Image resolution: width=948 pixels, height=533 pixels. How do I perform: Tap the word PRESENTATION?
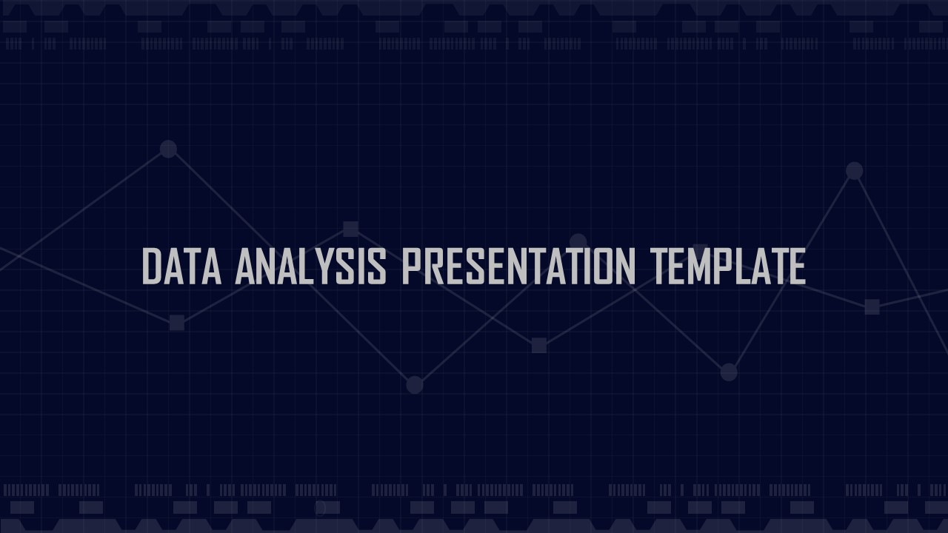point(518,266)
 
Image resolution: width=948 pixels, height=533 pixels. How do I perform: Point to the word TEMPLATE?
point(727,266)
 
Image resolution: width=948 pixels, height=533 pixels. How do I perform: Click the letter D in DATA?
point(152,266)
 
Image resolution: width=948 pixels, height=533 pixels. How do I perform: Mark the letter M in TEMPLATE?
point(701,266)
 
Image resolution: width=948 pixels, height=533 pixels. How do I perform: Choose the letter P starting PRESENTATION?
point(411,266)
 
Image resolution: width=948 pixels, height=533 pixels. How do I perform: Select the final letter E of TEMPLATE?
point(796,266)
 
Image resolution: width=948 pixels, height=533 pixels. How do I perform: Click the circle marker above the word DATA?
point(168,149)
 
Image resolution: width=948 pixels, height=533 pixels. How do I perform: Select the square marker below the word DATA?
point(176,323)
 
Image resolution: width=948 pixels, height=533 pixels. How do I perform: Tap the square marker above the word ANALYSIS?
point(350,229)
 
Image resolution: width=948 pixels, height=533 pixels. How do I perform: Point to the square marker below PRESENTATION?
point(539,345)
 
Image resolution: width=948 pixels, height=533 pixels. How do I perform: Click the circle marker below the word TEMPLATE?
point(729,372)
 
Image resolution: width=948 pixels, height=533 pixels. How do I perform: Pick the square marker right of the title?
point(872,306)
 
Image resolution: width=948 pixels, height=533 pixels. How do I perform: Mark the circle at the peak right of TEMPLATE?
point(855,171)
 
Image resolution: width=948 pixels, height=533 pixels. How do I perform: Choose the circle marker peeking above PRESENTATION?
point(578,241)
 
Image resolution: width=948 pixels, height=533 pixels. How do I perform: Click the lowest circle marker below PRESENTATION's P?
point(415,385)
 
